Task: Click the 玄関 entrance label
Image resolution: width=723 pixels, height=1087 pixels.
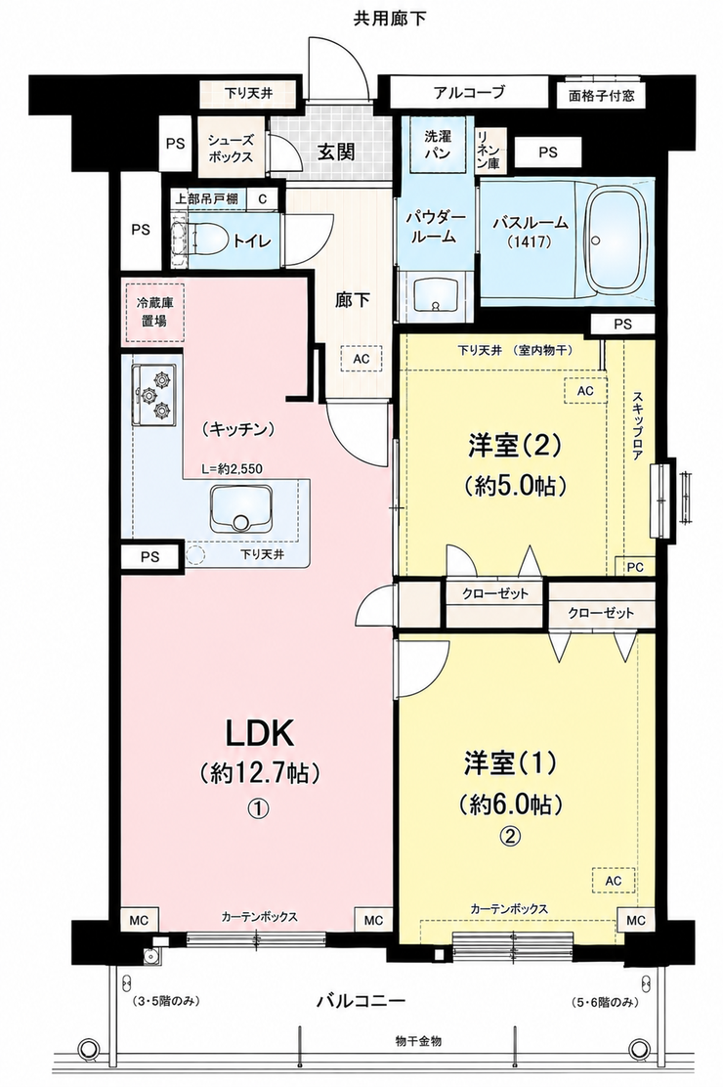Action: click(x=337, y=152)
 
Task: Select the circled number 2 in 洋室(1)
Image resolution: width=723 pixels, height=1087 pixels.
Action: click(x=510, y=836)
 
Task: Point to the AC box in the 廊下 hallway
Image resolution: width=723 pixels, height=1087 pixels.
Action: click(x=361, y=359)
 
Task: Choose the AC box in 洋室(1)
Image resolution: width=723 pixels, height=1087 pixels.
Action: click(x=613, y=881)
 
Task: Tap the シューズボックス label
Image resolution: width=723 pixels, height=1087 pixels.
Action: click(x=231, y=149)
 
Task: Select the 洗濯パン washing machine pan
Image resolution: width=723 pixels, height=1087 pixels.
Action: click(x=438, y=145)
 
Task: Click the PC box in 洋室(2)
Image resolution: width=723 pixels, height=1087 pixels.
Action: click(x=635, y=566)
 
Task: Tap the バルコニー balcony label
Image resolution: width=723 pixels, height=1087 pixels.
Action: click(x=361, y=1001)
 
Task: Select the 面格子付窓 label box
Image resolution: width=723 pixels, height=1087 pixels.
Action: click(x=602, y=96)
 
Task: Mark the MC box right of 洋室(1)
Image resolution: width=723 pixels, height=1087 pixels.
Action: click(x=636, y=921)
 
